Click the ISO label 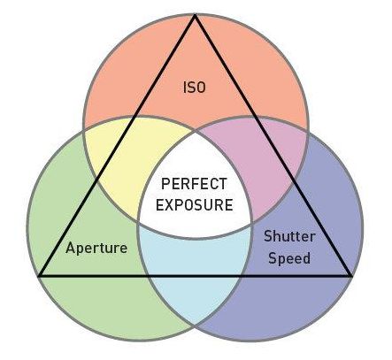coord(194,88)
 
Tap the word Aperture coord(96,248)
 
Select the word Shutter coord(289,236)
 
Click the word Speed coord(289,258)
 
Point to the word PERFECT coord(194,184)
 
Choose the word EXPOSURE coord(195,205)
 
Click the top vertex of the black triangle coord(195,15)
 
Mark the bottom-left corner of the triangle coord(40,276)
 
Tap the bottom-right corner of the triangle coord(351,276)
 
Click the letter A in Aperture coord(71,248)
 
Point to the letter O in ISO coord(200,88)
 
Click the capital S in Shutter coord(268,236)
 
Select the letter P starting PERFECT coord(166,184)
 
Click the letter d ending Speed coord(306,258)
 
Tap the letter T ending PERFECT coord(222,184)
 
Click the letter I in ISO coord(185,88)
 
